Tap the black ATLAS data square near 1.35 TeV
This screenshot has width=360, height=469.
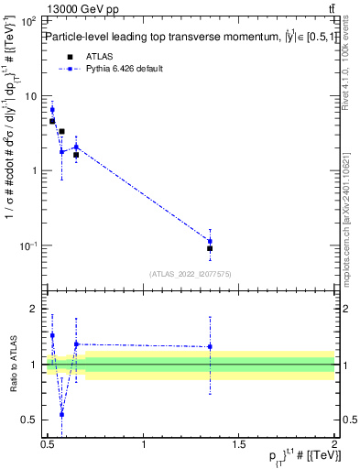[210, 248]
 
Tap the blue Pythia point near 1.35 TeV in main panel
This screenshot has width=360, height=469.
[210, 242]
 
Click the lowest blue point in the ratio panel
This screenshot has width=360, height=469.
[61, 414]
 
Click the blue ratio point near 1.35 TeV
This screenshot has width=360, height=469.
[210, 346]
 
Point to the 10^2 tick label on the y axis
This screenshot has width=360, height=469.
[27, 21]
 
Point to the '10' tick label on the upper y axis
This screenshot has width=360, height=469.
[29, 96]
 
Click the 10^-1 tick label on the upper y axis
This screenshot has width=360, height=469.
[27, 245]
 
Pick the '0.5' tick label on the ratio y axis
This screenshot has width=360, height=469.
[29, 420]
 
